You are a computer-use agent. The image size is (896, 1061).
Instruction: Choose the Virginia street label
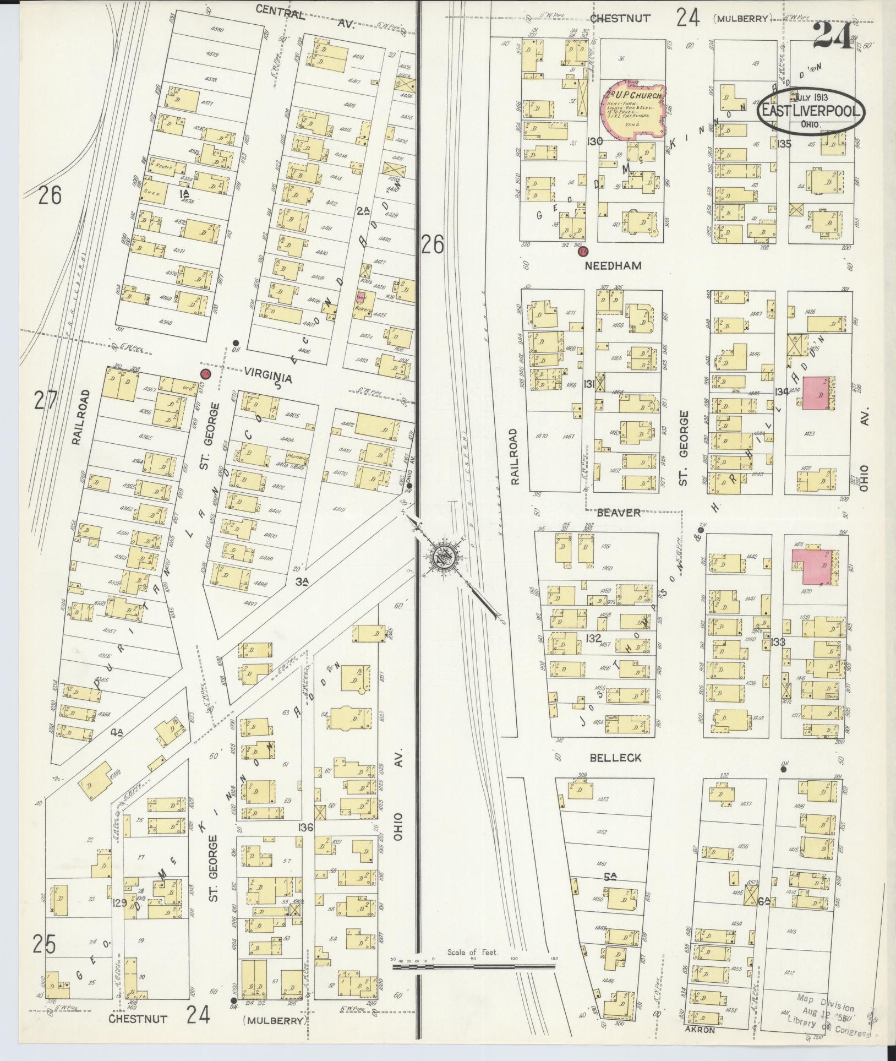[269, 378]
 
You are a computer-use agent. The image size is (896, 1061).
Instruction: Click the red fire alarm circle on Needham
[583, 252]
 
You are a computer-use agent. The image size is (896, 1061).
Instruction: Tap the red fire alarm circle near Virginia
[205, 374]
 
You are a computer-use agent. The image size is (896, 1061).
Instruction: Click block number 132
[593, 638]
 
